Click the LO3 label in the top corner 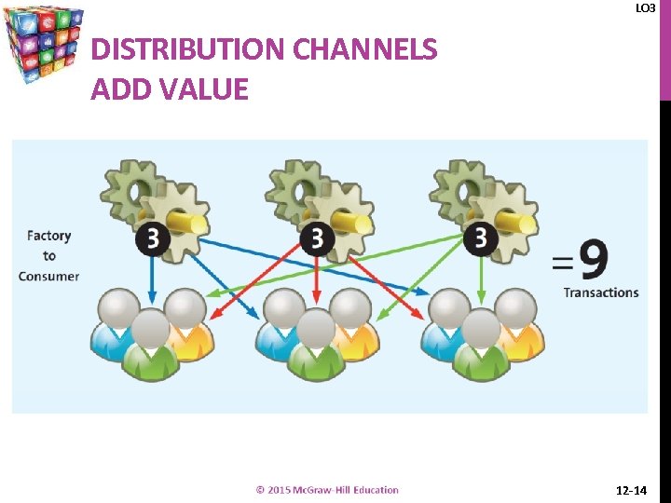[645, 8]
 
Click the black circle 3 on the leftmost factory [153, 238]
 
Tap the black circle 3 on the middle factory [318, 238]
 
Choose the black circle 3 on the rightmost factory [481, 238]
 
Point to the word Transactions [601, 292]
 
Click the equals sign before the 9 [562, 262]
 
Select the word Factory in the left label [49, 237]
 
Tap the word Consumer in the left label [49, 276]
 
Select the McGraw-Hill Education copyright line [327, 490]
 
